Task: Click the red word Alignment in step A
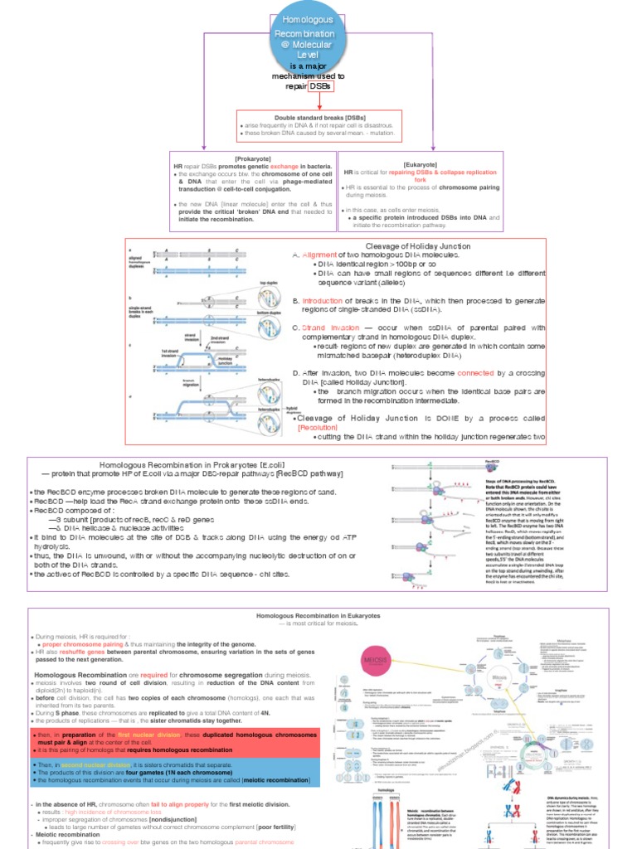(319, 255)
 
